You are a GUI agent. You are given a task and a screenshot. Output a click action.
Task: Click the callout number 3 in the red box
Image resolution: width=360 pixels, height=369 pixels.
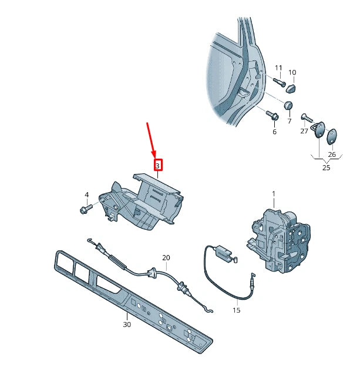pyautogui.click(x=157, y=166)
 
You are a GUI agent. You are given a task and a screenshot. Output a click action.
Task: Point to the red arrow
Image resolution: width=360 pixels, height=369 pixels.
pyautogui.click(x=150, y=139)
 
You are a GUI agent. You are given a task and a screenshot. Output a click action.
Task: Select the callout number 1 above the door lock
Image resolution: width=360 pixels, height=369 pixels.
pyautogui.click(x=273, y=194)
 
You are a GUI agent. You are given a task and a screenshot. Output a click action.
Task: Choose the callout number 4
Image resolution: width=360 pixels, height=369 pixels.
pyautogui.click(x=86, y=194)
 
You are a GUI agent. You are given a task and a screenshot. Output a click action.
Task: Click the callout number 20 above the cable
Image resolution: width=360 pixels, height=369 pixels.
pyautogui.click(x=166, y=258)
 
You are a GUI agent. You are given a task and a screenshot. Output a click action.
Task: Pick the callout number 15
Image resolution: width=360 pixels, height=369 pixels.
pyautogui.click(x=236, y=310)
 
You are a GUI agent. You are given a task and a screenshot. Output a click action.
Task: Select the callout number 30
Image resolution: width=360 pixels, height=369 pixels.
pyautogui.click(x=126, y=324)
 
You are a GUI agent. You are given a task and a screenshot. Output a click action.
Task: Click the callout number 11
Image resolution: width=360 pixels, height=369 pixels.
pyautogui.click(x=278, y=68)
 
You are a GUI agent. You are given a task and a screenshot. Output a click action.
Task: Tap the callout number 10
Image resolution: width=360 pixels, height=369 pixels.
pyautogui.click(x=292, y=72)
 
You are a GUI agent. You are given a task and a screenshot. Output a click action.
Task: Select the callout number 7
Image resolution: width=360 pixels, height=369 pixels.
pyautogui.click(x=289, y=121)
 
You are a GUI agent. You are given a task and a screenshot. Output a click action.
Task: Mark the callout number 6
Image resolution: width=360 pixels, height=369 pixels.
pyautogui.click(x=274, y=132)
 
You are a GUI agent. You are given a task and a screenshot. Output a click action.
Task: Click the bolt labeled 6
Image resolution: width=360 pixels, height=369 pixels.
pyautogui.click(x=272, y=115)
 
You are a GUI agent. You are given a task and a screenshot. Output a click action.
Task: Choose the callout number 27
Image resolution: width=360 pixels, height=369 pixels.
pyautogui.click(x=304, y=131)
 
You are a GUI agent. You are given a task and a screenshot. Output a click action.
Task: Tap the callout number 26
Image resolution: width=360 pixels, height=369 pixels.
pyautogui.click(x=332, y=155)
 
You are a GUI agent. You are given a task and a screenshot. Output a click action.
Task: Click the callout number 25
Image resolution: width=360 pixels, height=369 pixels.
pyautogui.click(x=326, y=167)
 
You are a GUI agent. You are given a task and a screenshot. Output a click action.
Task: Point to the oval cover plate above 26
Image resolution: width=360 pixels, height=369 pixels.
pyautogui.click(x=332, y=136)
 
